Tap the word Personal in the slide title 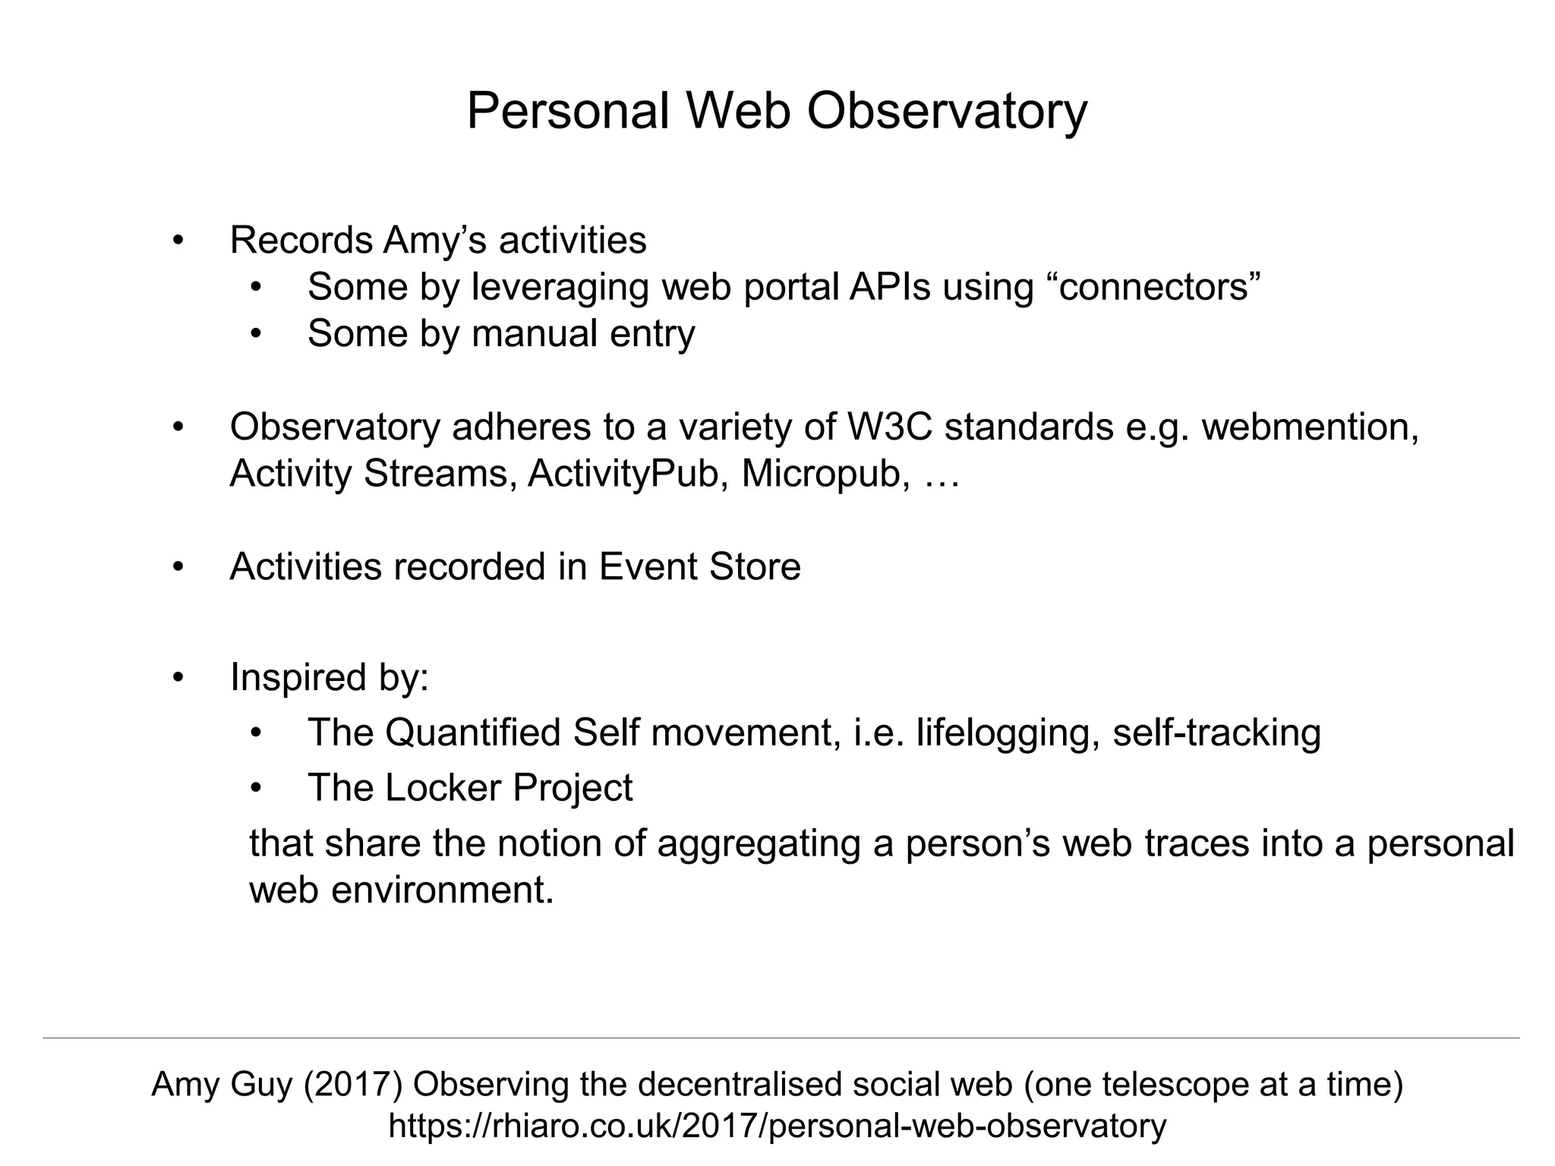coord(567,112)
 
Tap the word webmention coord(1309,427)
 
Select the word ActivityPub coord(623,473)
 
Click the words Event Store coord(699,566)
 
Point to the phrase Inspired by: coord(330,676)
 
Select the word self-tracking coord(1216,732)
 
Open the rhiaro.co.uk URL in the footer coord(777,1126)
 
